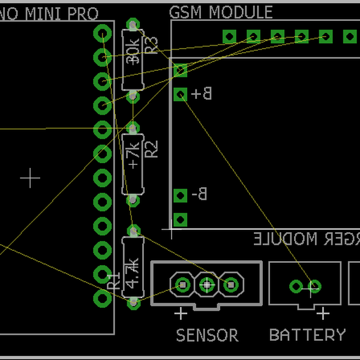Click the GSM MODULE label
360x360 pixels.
(221, 12)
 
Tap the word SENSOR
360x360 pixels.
(207, 335)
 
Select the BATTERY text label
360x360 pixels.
(307, 335)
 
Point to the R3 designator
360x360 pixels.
(152, 45)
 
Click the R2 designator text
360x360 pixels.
(152, 149)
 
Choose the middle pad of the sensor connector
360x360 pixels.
(206, 284)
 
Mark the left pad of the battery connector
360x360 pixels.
(296, 286)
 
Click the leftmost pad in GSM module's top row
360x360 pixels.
(229, 37)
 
